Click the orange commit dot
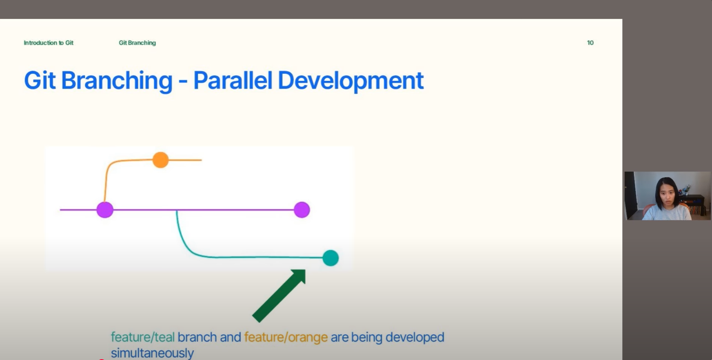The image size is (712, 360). point(160,160)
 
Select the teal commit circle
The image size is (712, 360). point(330,258)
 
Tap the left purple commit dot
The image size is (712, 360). point(105,210)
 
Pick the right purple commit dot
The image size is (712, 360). point(302,210)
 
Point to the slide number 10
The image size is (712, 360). point(590,43)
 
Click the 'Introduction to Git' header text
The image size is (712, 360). point(49,43)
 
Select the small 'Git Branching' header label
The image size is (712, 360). point(137,43)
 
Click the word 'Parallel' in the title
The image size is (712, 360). point(233,80)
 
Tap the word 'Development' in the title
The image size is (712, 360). point(350,80)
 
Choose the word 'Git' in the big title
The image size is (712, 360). point(40,80)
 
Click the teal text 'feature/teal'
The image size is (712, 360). point(142,337)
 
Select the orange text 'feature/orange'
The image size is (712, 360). point(286,337)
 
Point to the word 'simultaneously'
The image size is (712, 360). point(152,353)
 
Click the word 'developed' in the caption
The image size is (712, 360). point(415,337)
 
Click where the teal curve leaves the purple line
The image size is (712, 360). point(177,211)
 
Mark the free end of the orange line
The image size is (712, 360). point(201,160)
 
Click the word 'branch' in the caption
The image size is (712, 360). point(197,337)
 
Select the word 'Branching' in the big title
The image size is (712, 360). point(117,80)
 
